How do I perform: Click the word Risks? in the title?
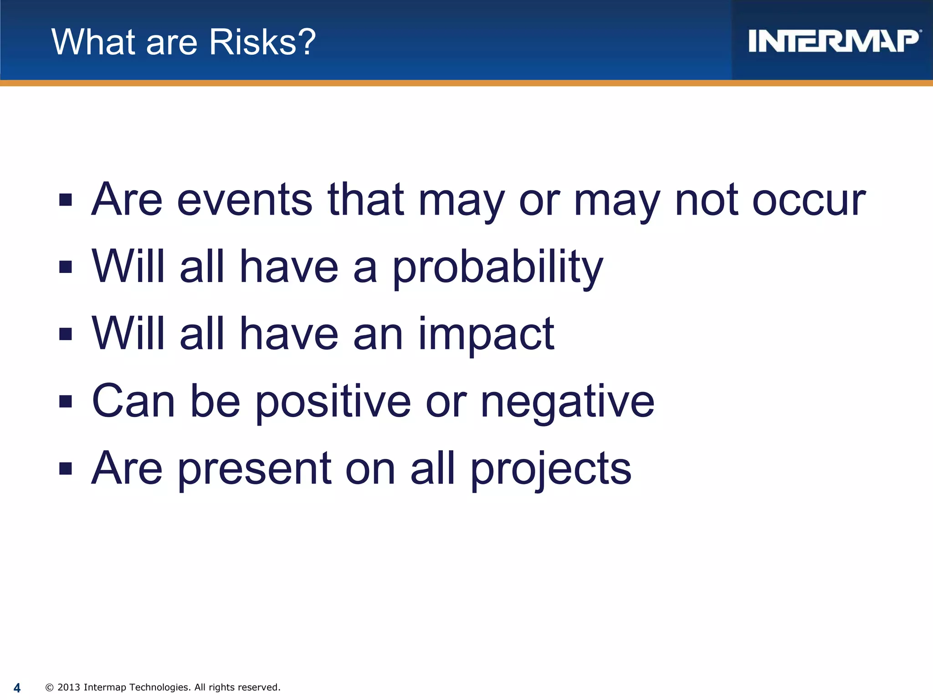point(262,42)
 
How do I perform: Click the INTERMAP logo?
point(834,41)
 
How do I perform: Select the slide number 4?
point(17,688)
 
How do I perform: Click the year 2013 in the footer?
point(69,687)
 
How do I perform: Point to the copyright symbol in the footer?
point(50,688)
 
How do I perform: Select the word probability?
point(497,268)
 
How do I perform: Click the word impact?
point(486,335)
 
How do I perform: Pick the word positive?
point(333,402)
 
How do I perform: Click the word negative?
point(567,402)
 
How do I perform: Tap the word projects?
point(551,469)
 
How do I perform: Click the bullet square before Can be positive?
point(66,401)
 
